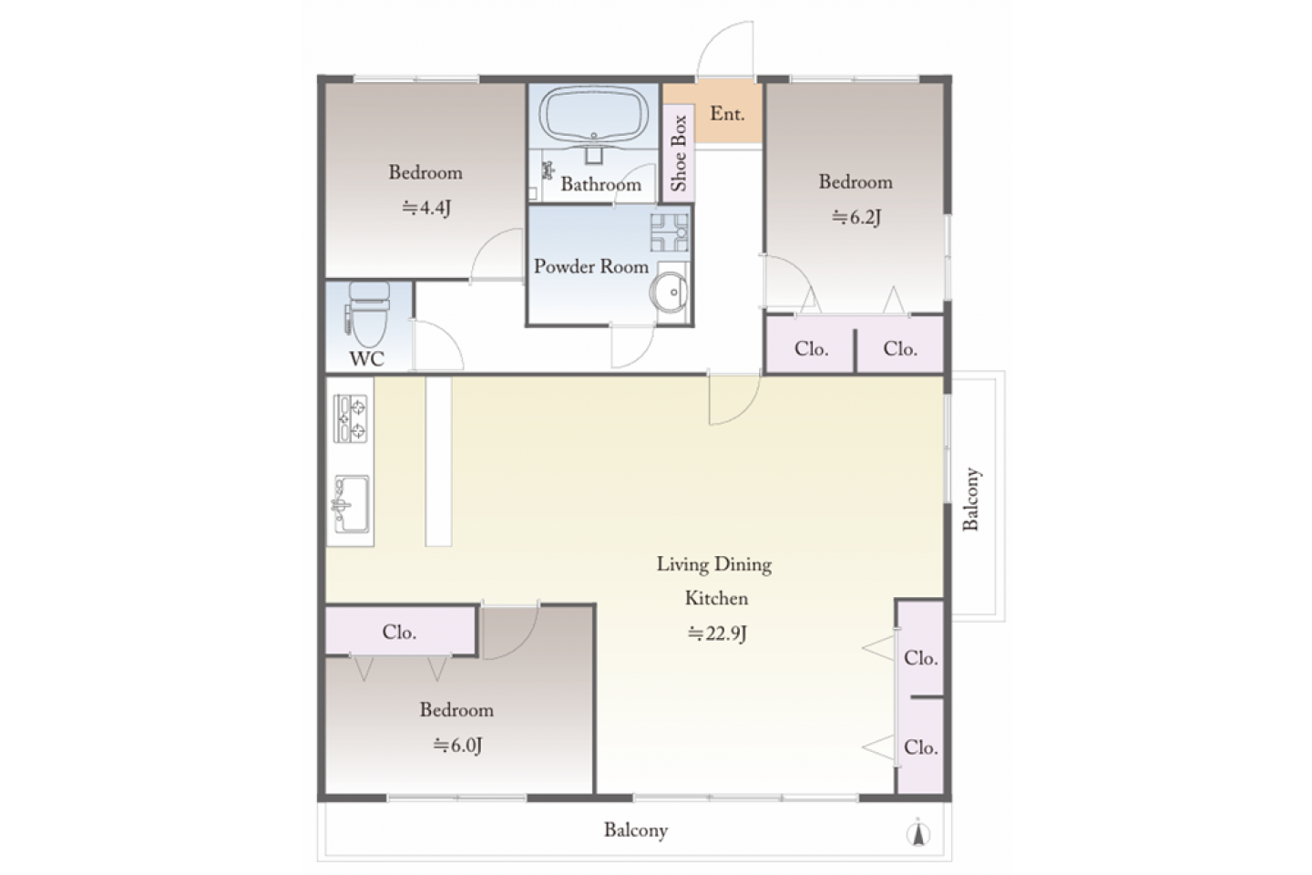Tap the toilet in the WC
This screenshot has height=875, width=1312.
(x=368, y=314)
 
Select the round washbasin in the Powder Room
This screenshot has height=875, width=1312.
(x=669, y=292)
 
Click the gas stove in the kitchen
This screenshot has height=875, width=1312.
(x=350, y=418)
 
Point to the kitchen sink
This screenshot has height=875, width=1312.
(x=352, y=504)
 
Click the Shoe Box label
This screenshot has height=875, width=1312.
(x=678, y=153)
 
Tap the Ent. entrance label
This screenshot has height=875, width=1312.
(x=727, y=114)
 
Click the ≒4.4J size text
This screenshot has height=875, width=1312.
(x=426, y=208)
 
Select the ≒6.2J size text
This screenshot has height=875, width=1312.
(x=856, y=218)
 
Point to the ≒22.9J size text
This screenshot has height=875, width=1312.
(x=717, y=634)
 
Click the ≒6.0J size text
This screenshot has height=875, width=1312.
(x=457, y=746)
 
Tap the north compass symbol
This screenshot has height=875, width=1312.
(x=918, y=834)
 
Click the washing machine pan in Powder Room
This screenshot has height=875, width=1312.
(x=670, y=232)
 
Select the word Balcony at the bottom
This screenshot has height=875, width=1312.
(x=636, y=830)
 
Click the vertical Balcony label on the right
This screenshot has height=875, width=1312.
(x=971, y=499)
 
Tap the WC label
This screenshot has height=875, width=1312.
(x=367, y=359)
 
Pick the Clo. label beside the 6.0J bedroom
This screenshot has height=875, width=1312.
(x=399, y=632)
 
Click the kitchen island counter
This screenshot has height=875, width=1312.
(x=438, y=461)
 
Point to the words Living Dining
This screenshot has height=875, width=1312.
(x=714, y=565)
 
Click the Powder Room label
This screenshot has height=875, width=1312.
(x=591, y=267)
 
